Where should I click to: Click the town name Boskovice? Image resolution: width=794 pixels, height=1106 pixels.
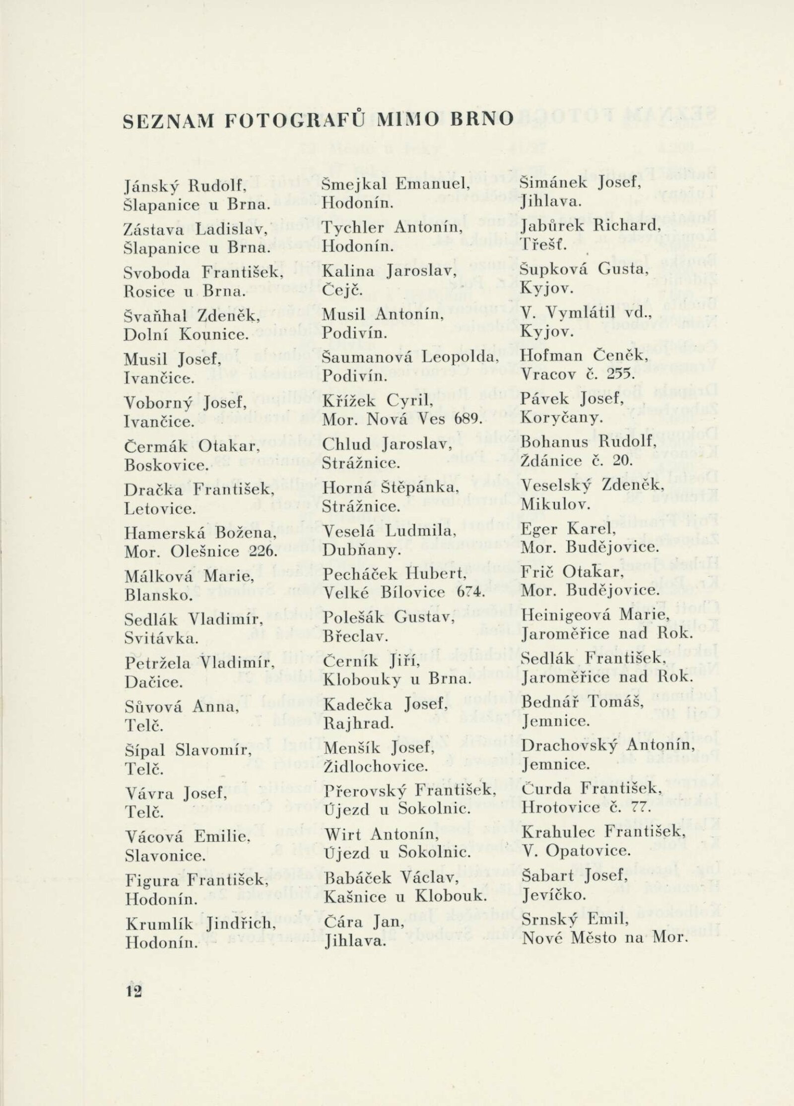(165, 466)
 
